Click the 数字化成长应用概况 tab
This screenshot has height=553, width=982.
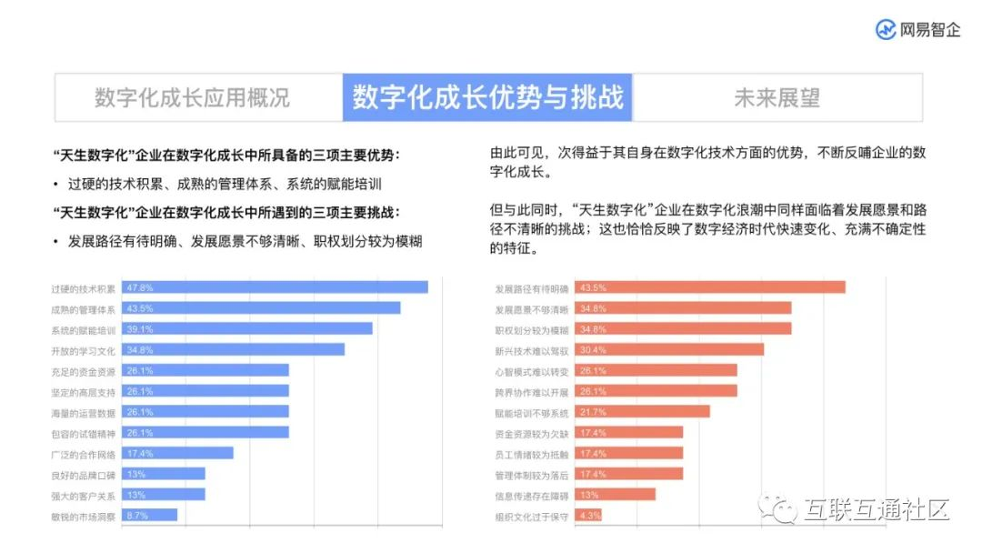pyautogui.click(x=192, y=97)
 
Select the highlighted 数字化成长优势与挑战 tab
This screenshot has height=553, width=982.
pyautogui.click(x=488, y=97)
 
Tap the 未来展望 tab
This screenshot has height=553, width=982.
pyautogui.click(x=777, y=97)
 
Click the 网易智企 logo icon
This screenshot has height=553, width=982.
pyautogui.click(x=886, y=29)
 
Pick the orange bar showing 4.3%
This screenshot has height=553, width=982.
pyautogui.click(x=590, y=516)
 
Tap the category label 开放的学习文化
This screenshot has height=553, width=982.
pyautogui.click(x=84, y=350)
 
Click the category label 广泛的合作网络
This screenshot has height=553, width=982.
pyautogui.click(x=84, y=454)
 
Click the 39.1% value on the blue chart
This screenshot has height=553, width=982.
pyautogui.click(x=140, y=329)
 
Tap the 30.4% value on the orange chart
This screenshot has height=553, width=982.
pyautogui.click(x=593, y=350)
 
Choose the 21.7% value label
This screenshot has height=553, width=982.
pyautogui.click(x=593, y=412)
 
